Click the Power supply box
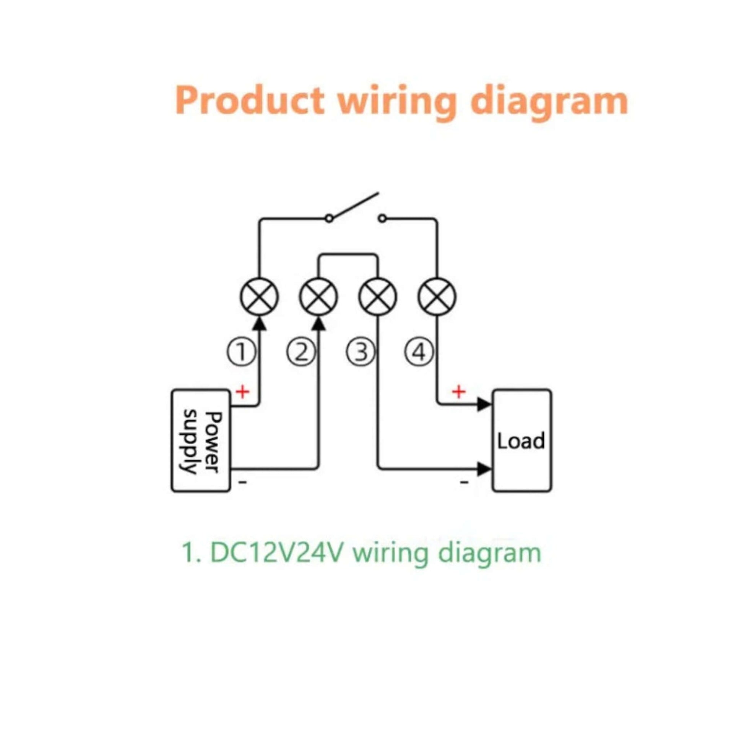point(201,440)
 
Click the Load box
point(522,440)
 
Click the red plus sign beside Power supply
point(243,392)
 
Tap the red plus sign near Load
point(458,392)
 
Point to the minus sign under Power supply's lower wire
point(243,481)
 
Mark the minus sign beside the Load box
point(465,481)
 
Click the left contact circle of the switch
point(328,219)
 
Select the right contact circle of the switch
point(381,219)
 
